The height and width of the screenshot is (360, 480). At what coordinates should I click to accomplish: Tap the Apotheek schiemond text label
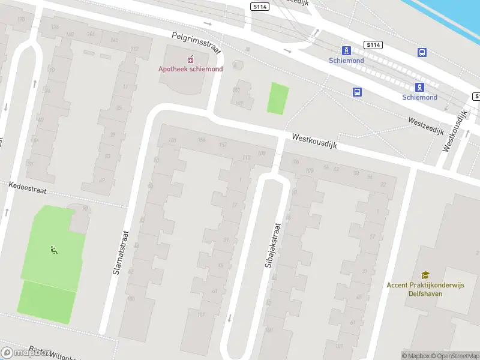click(190, 69)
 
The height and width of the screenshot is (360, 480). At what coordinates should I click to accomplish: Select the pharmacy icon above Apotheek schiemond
click(191, 59)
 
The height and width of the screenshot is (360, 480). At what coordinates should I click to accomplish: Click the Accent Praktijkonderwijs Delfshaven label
click(425, 289)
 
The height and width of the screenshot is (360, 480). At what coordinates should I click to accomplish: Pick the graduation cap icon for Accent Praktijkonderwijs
click(425, 275)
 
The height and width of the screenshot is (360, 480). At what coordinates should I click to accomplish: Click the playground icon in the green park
click(54, 250)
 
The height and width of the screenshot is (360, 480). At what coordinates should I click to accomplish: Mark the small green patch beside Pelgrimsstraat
click(277, 98)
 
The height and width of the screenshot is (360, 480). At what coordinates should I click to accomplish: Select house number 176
click(55, 26)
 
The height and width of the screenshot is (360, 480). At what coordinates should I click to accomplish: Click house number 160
click(173, 140)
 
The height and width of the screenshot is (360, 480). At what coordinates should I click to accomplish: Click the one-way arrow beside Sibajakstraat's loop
click(229, 317)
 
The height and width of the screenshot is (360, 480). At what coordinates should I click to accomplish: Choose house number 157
click(223, 145)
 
